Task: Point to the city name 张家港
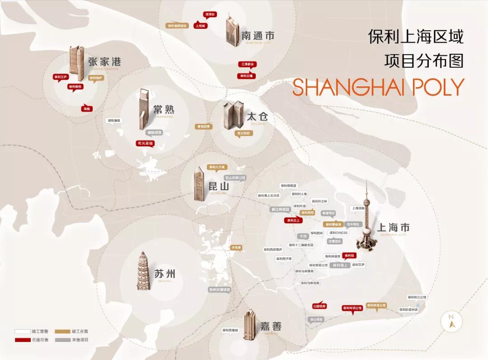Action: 104,62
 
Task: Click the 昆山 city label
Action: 219,186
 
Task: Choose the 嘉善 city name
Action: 271,326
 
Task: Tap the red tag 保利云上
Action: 292,220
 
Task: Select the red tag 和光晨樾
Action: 145,143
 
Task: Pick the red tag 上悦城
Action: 200,26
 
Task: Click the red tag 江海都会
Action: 248,64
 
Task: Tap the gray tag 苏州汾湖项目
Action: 220,290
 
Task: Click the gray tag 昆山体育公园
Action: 235,178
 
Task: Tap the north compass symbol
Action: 450,321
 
